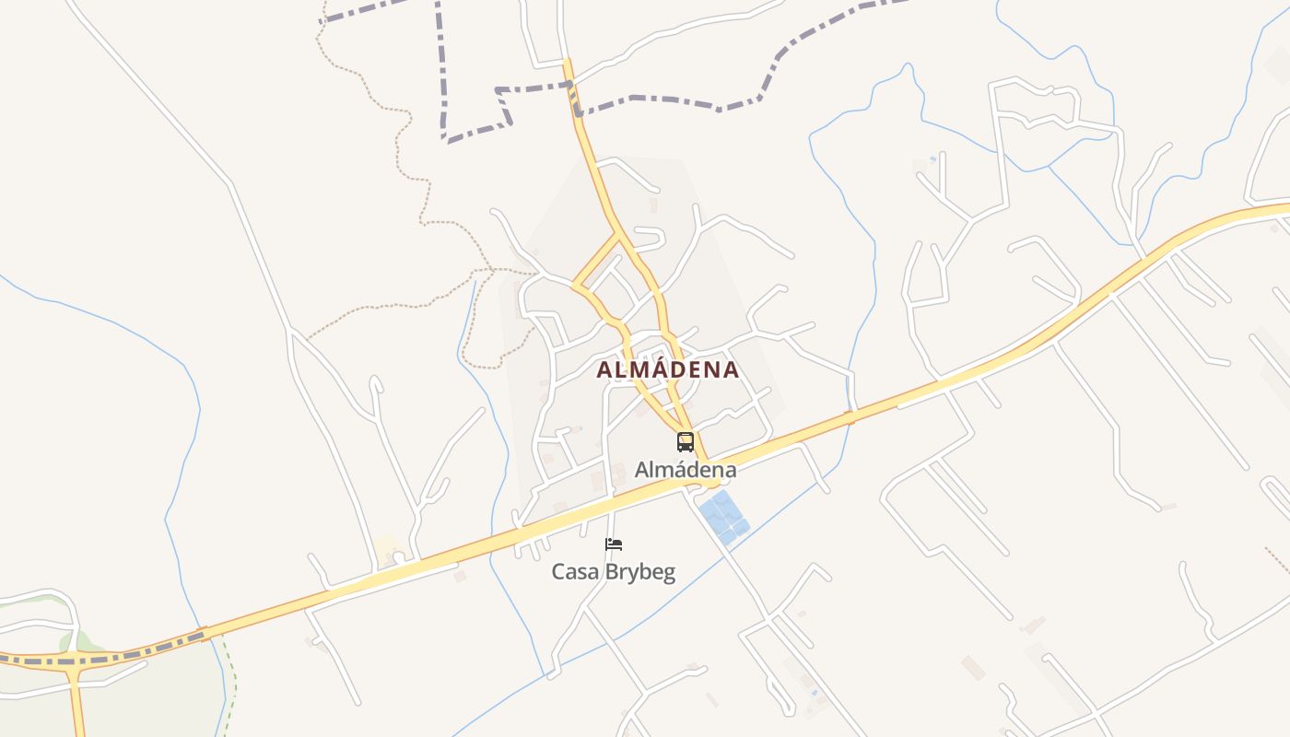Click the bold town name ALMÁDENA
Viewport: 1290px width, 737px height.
tap(667, 369)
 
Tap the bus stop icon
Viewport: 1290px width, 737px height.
tap(686, 441)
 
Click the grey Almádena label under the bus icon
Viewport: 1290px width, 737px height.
tap(686, 470)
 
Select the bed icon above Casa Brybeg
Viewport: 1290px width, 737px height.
tap(614, 544)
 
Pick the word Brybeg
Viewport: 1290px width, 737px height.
tap(640, 572)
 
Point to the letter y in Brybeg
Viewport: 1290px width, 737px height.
tap(635, 574)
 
